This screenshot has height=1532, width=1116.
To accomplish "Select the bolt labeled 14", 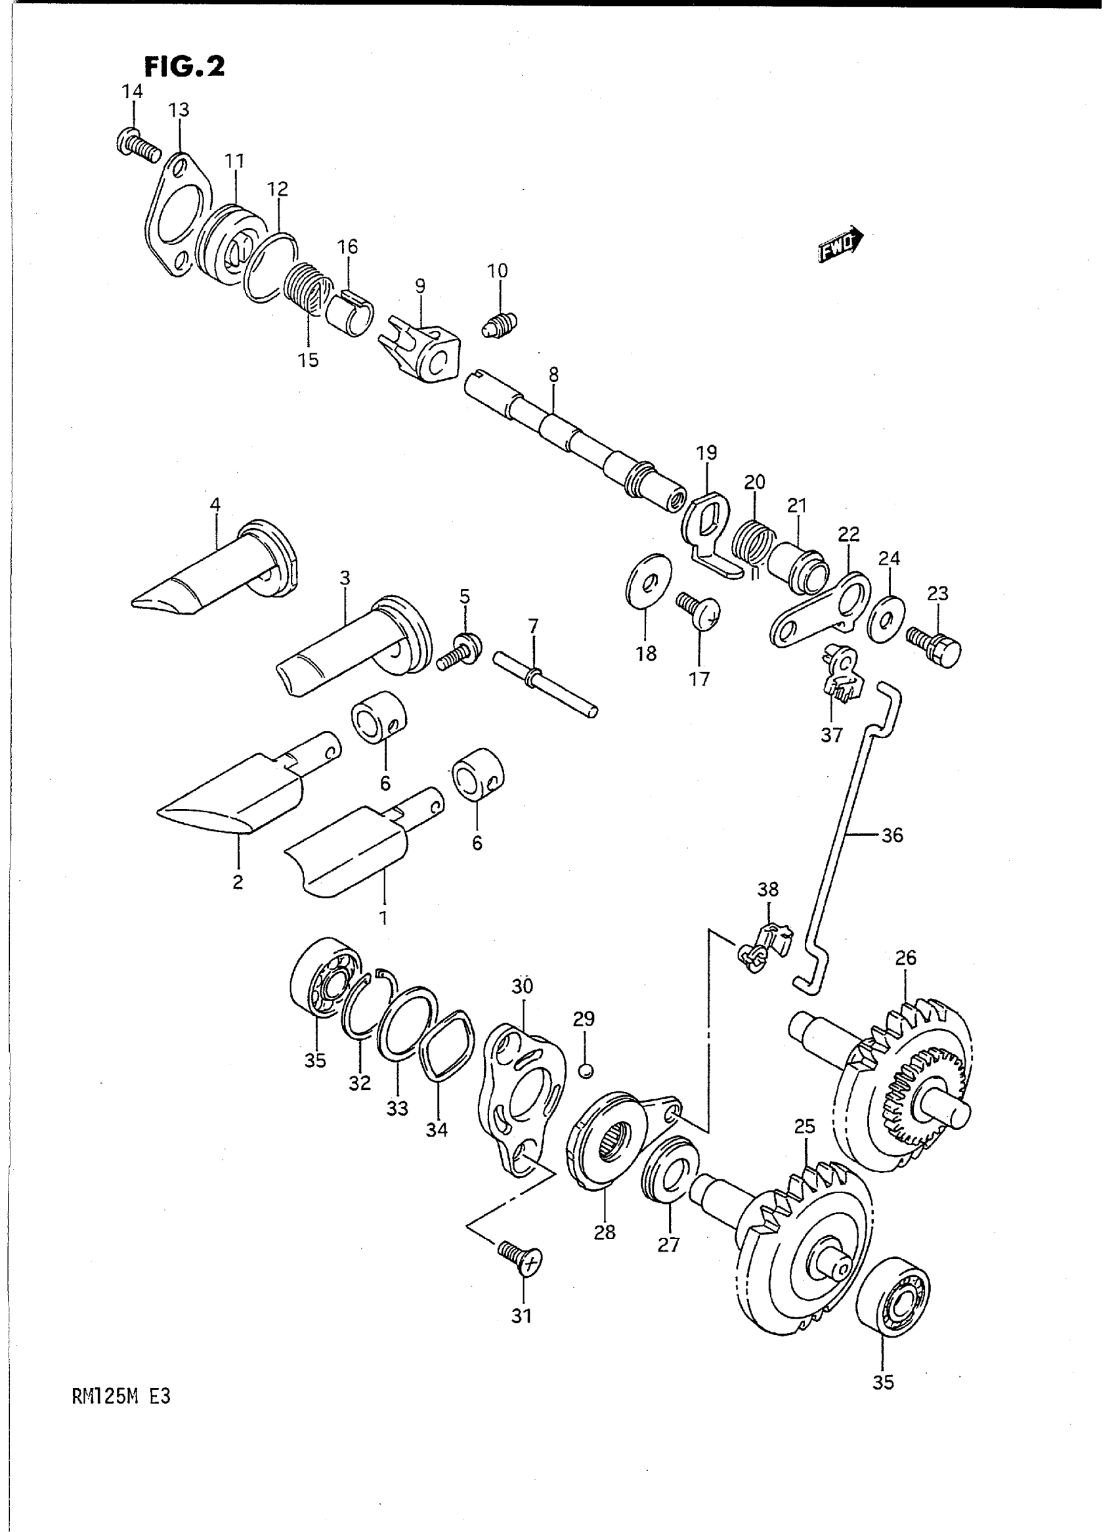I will click(138, 143).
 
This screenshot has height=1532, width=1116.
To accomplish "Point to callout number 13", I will click(179, 110).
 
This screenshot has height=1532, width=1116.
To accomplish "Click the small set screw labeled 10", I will click(500, 325).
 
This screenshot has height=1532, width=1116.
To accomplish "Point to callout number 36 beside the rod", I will click(892, 835).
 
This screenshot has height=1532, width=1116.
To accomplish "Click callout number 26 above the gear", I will click(906, 957).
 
